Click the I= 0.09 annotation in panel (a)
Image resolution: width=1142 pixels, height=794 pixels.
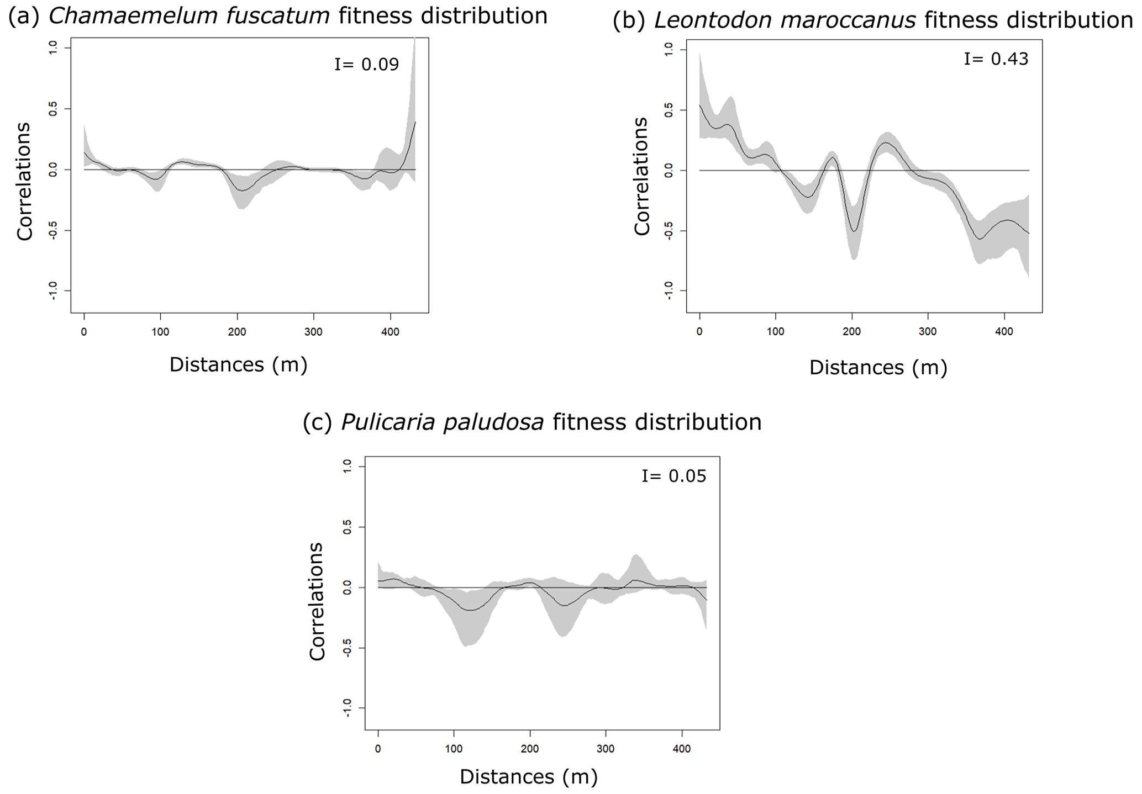[x=366, y=65]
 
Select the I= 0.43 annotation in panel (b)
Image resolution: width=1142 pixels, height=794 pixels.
[x=996, y=59]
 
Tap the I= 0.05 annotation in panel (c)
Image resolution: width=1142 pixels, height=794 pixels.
[x=673, y=476]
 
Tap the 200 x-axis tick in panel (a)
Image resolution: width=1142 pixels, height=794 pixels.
[x=237, y=332]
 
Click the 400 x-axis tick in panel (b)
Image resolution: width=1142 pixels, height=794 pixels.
[x=1004, y=331]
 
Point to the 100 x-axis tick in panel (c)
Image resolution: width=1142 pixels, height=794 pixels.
[x=454, y=749]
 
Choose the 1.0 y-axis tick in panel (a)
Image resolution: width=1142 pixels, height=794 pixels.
[x=53, y=48]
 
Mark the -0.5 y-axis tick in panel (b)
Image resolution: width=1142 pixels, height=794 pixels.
[x=669, y=231]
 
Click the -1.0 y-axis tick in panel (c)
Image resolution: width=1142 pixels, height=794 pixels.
[x=347, y=708]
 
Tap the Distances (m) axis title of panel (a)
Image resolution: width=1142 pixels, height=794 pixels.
[x=238, y=364]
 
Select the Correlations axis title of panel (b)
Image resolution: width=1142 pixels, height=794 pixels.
[x=641, y=176]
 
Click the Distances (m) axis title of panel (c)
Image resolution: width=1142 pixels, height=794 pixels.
[x=529, y=777]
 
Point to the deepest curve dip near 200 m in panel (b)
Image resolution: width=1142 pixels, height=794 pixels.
[x=854, y=231]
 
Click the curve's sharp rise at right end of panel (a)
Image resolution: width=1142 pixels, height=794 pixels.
[x=412, y=138]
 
